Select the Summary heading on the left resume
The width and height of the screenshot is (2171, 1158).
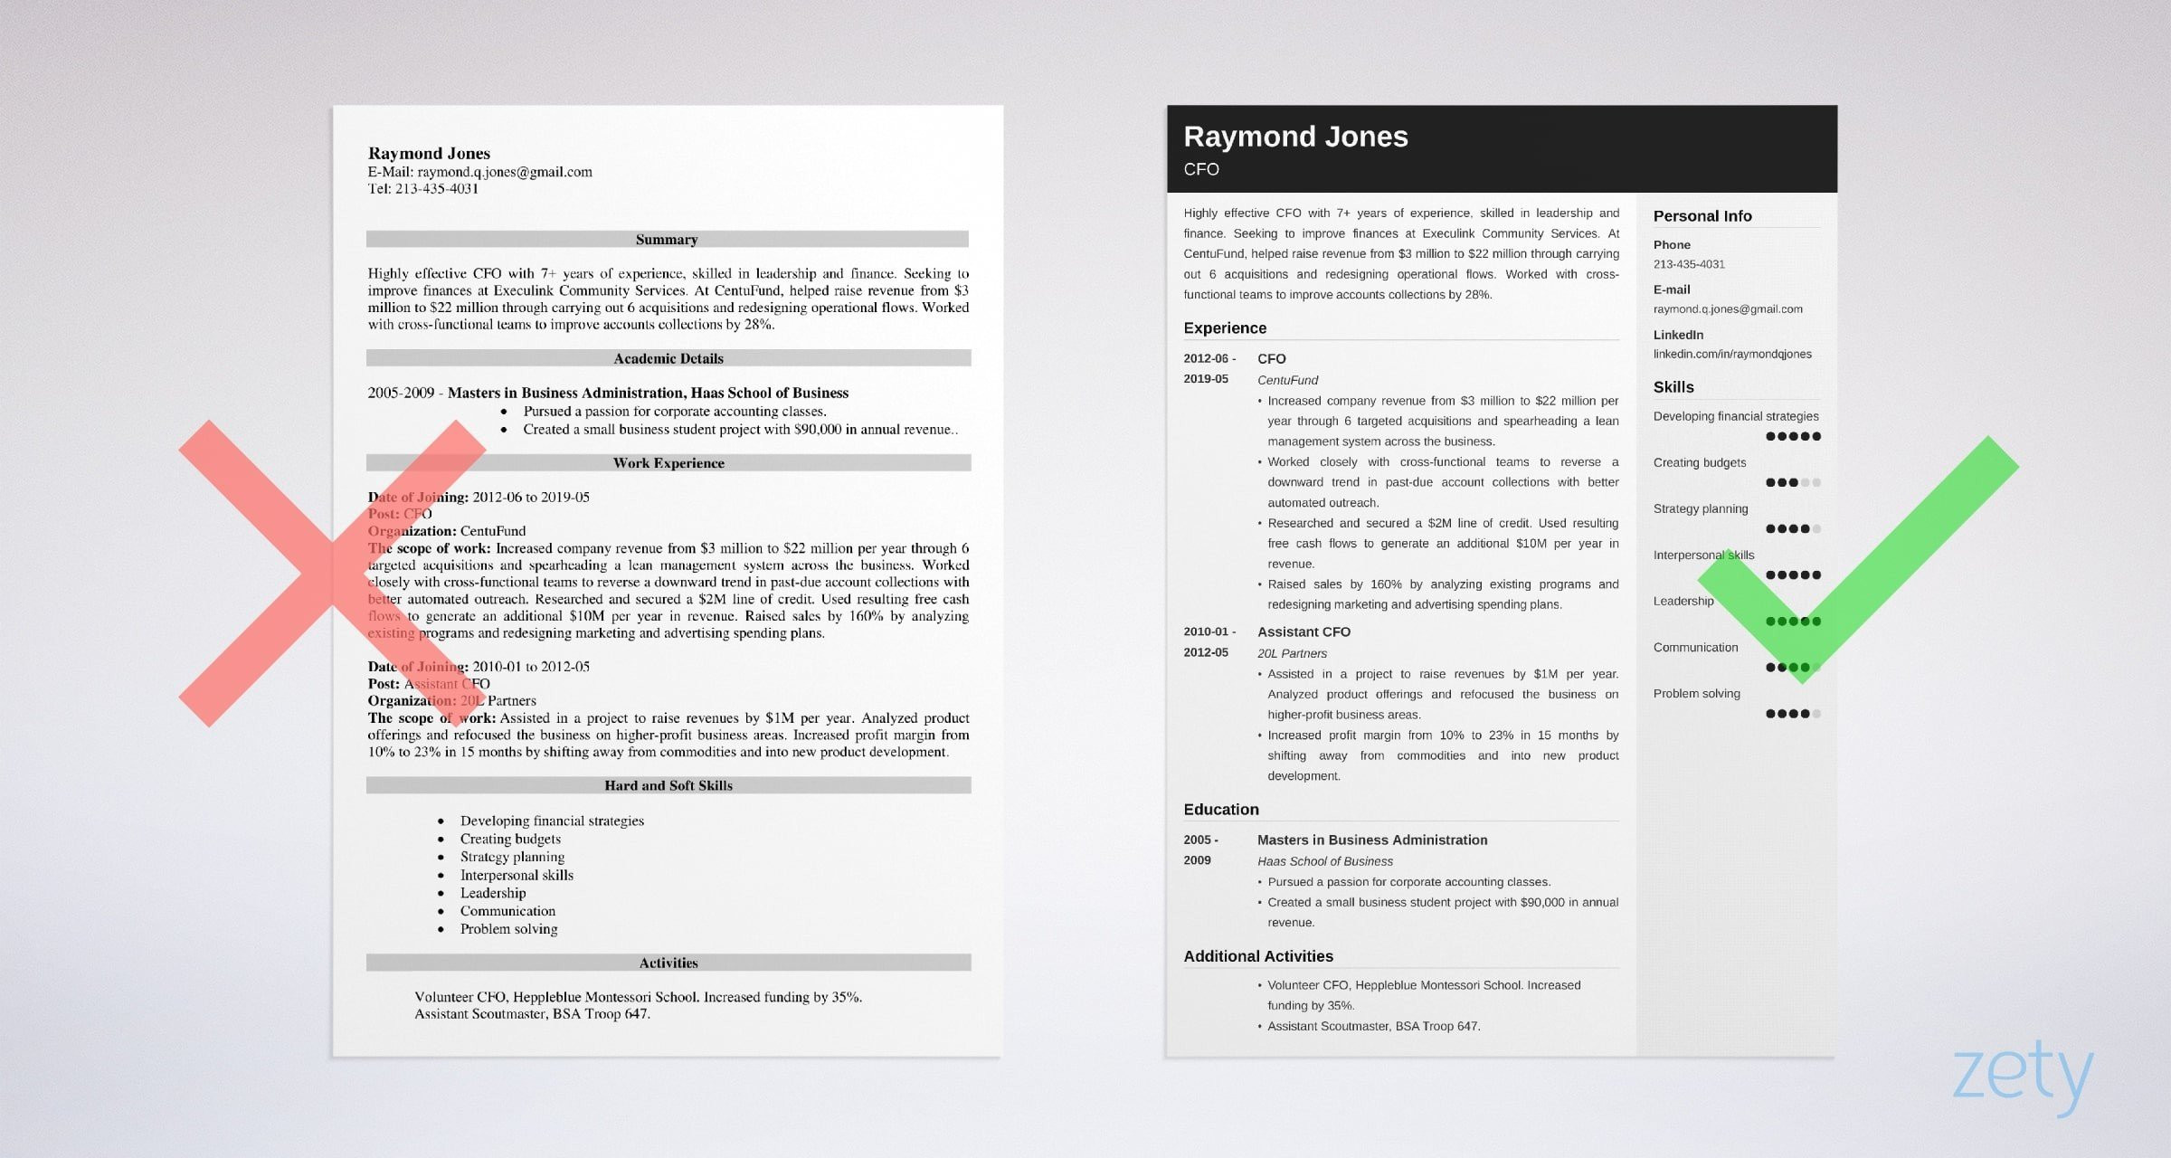coord(667,240)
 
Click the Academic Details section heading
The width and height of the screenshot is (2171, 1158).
coord(668,358)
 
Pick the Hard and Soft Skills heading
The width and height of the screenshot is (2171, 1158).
coord(668,785)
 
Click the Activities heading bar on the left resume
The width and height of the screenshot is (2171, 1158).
coord(668,963)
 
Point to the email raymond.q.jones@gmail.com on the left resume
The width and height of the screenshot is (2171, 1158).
coord(504,172)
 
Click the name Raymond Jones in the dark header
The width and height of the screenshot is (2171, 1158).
coord(1295,137)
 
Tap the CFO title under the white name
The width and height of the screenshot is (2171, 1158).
coord(1201,169)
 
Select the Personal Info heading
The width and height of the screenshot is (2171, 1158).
coord(1702,216)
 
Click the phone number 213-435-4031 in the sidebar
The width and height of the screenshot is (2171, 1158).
coord(1689,264)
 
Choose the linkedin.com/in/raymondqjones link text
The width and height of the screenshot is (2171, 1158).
coord(1732,354)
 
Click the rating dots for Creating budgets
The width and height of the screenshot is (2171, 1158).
coord(1792,482)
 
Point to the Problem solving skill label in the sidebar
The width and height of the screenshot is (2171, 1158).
coord(1696,694)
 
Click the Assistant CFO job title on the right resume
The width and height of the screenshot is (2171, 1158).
coord(1304,632)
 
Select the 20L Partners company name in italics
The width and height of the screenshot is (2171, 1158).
coord(1292,653)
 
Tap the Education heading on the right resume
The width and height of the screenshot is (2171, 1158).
coord(1221,810)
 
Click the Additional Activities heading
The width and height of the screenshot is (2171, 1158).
coord(1258,956)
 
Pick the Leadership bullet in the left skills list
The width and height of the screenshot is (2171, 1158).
coord(493,893)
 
